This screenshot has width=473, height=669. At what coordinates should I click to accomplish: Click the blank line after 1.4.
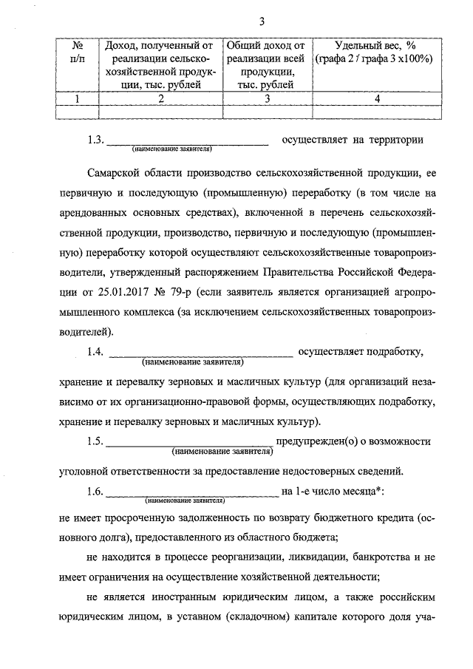[201, 353]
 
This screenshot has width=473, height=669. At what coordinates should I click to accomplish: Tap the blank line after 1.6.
[192, 492]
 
